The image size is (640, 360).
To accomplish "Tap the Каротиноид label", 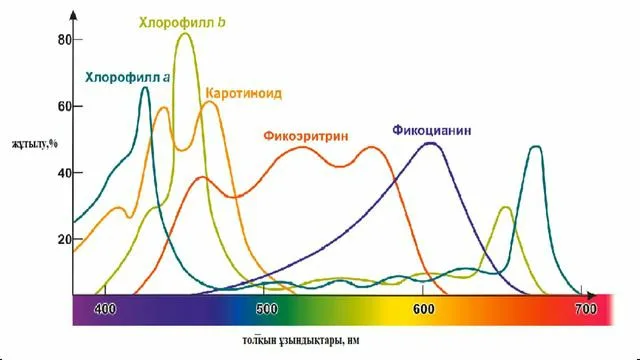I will pos(243,93).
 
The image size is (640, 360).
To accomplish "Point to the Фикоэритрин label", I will pos(307,134).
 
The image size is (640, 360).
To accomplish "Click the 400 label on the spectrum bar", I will pos(106,309).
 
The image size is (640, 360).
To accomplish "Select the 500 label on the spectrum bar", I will pos(265,309).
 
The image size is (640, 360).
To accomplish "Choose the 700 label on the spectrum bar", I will pos(584,309).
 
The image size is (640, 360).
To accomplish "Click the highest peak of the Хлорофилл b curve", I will pos(185,34).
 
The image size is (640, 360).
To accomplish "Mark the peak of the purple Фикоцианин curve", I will pos(430,143).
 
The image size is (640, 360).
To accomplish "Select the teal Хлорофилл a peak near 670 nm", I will pos(536,147).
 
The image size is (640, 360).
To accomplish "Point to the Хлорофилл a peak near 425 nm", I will pos(146,88).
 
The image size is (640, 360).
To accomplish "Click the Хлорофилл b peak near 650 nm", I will pos(505,208).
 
